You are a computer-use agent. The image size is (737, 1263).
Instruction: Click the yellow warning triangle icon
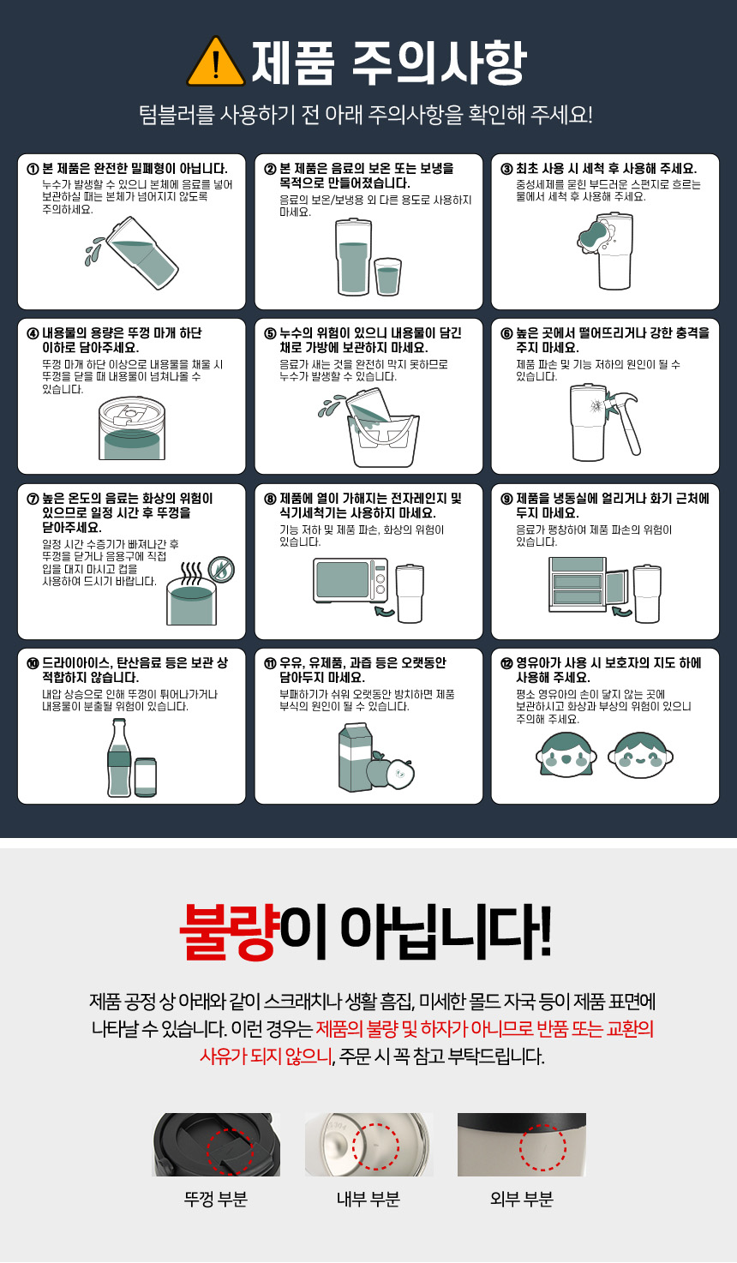click(x=215, y=62)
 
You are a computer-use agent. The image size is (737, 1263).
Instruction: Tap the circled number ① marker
click(x=33, y=169)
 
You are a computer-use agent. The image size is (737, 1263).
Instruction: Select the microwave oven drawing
click(x=351, y=580)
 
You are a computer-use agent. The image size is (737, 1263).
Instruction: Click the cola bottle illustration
click(x=119, y=757)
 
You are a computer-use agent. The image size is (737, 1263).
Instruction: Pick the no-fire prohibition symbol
click(x=222, y=569)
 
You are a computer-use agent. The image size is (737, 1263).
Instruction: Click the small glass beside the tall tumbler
click(x=387, y=276)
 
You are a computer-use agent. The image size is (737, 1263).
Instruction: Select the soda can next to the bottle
click(x=146, y=777)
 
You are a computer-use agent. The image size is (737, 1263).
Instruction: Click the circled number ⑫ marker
click(x=506, y=663)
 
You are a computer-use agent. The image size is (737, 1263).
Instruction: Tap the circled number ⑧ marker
click(x=270, y=499)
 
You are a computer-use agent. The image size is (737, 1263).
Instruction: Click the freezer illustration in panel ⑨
click(x=586, y=584)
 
